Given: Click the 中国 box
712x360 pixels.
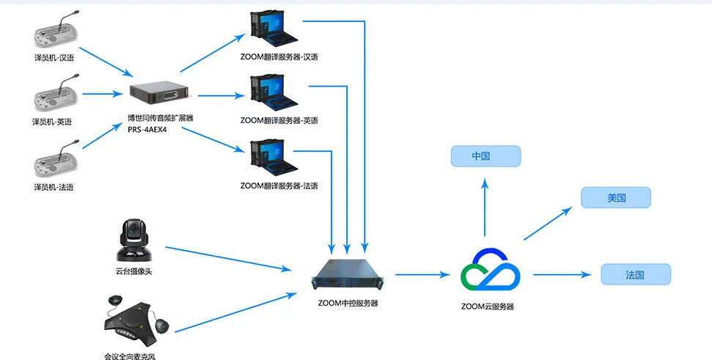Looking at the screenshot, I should click(485, 155).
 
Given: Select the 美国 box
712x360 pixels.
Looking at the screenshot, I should click(615, 197).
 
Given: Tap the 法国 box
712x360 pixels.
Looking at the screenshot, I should click(635, 274).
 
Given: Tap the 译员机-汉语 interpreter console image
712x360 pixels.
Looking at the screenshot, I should click(55, 33).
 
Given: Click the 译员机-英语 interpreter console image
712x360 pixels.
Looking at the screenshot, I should click(55, 98).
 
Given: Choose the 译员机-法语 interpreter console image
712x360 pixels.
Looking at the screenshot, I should click(55, 163).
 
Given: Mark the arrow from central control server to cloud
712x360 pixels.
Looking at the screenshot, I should click(422, 275).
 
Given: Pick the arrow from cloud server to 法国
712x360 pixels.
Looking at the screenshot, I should click(562, 275).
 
